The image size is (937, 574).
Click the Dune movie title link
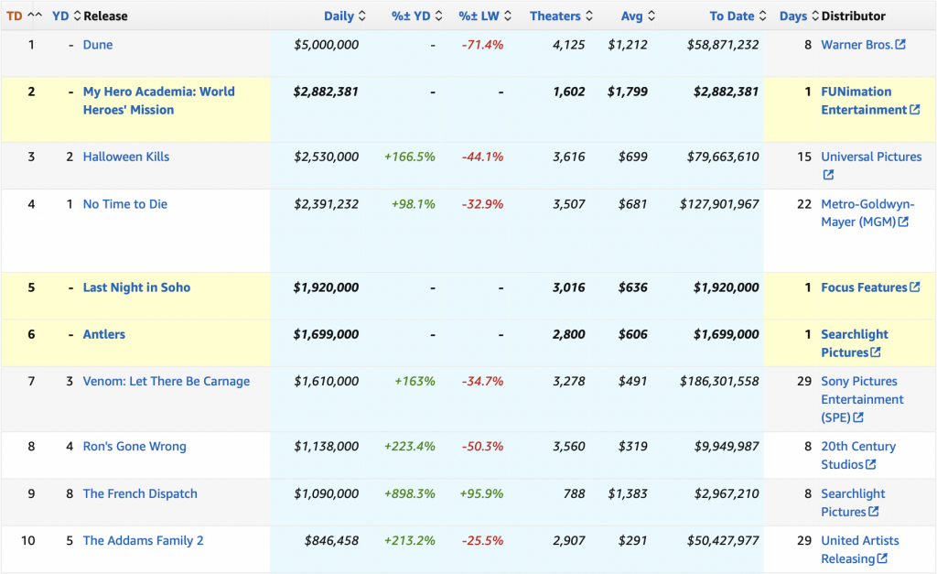coord(98,45)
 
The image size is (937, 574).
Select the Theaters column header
coord(555,16)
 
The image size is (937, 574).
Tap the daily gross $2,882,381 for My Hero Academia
coord(326,92)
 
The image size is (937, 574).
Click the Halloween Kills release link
coord(126,157)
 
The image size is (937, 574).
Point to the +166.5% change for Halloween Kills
coord(409,157)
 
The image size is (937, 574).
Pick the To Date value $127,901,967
coord(719,204)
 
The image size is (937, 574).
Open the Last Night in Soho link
coord(136,287)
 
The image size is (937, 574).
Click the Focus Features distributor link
coord(864,287)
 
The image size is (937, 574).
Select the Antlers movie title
coord(104,334)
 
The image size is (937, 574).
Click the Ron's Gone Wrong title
coord(135,447)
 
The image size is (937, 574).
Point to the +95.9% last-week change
coord(481,493)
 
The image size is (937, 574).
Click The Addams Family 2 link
coord(144,541)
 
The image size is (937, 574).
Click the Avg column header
coord(632,16)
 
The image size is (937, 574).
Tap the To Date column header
coord(732,16)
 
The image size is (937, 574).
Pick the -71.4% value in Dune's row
coord(481,45)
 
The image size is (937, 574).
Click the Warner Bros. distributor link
coord(856,45)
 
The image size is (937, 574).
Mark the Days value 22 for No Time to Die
coord(804,204)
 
